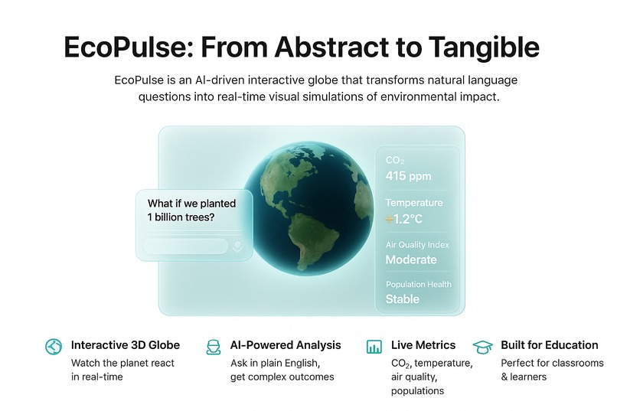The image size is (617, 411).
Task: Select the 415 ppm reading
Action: click(408, 176)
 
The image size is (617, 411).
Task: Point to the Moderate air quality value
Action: click(411, 259)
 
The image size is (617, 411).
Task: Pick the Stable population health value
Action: click(402, 299)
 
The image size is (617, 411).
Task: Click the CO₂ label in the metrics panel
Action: click(394, 160)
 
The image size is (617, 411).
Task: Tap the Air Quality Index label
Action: click(417, 245)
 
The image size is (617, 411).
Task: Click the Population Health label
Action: click(418, 285)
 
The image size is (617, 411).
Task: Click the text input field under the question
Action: click(186, 246)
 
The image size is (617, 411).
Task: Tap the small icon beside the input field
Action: click(237, 246)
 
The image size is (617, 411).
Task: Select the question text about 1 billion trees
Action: click(191, 210)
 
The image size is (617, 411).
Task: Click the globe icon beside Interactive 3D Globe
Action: click(53, 346)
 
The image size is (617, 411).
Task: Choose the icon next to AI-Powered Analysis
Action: click(213, 347)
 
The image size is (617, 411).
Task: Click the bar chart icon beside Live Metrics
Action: click(374, 347)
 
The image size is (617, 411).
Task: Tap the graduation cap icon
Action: click(482, 346)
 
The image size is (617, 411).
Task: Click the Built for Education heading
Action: click(549, 345)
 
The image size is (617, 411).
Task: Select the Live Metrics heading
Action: click(423, 345)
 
